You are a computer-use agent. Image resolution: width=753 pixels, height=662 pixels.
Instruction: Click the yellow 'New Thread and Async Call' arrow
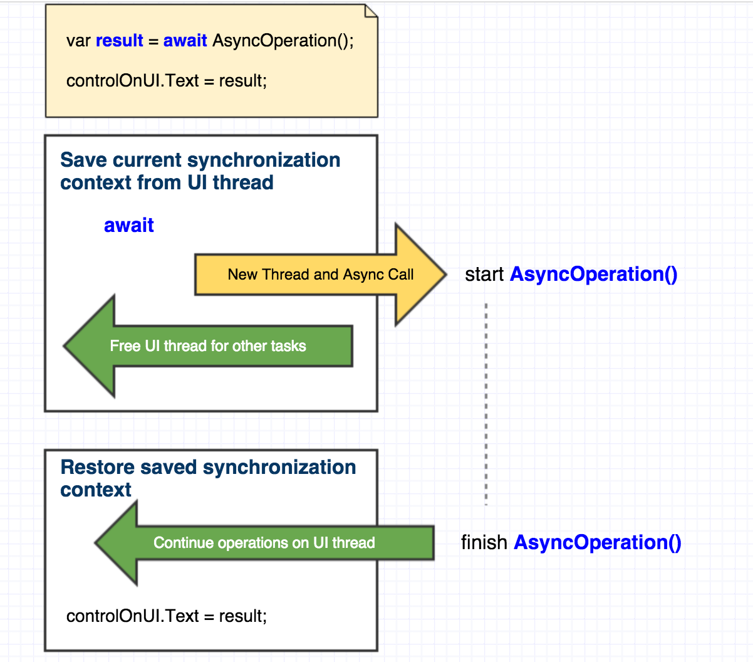320,275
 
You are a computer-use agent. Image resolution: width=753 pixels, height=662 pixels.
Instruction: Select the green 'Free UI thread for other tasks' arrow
208,346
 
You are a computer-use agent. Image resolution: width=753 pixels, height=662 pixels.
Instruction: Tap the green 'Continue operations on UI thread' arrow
264,543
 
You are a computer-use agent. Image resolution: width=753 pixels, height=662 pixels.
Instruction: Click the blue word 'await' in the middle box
128,226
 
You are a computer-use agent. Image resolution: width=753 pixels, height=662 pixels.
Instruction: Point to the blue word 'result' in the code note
119,41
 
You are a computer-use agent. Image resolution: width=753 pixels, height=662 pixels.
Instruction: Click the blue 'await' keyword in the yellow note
185,41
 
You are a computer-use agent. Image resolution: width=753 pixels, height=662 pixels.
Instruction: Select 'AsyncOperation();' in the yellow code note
283,41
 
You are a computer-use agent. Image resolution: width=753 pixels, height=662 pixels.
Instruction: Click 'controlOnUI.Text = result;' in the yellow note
166,81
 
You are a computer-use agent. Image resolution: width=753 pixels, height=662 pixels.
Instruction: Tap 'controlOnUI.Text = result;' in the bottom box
166,616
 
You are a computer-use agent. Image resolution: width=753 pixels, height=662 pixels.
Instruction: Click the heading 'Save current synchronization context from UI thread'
200,171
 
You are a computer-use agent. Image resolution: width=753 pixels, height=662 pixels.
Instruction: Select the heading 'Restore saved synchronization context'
207,478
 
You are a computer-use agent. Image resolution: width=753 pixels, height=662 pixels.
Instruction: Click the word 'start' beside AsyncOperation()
484,275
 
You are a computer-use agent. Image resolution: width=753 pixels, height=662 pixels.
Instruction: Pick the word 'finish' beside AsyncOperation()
484,542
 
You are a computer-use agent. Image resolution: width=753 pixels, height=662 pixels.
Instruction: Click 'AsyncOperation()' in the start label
593,275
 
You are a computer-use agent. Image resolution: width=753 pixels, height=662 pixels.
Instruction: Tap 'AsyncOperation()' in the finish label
597,542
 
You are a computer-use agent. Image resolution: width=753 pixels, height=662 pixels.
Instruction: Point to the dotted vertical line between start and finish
486,404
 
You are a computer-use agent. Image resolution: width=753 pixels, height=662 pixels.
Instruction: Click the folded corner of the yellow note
371,11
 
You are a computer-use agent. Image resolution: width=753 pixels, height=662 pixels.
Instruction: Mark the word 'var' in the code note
78,41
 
